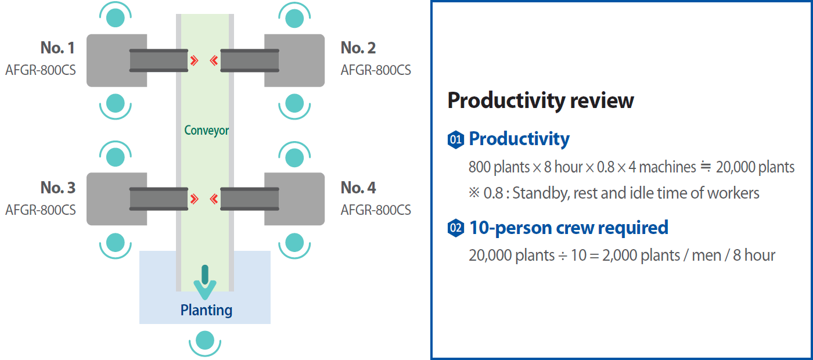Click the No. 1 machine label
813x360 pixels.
point(57,48)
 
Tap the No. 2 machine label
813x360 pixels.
point(358,48)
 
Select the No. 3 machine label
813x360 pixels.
point(57,188)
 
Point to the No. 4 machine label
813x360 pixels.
point(358,188)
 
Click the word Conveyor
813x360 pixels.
point(207,130)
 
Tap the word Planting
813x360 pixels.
point(206,310)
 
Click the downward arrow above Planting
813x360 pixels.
point(205,282)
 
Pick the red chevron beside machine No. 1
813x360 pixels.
point(195,60)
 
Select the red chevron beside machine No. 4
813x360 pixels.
point(214,199)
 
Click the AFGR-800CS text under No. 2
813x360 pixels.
point(376,70)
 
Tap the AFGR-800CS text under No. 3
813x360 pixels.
point(40,210)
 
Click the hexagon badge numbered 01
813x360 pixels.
point(455,140)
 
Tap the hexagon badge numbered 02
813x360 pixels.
point(455,228)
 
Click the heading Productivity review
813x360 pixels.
point(541,100)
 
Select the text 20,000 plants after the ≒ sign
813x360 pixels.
point(755,167)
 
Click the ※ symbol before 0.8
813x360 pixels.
point(474,192)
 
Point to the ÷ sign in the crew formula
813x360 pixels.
point(562,256)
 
